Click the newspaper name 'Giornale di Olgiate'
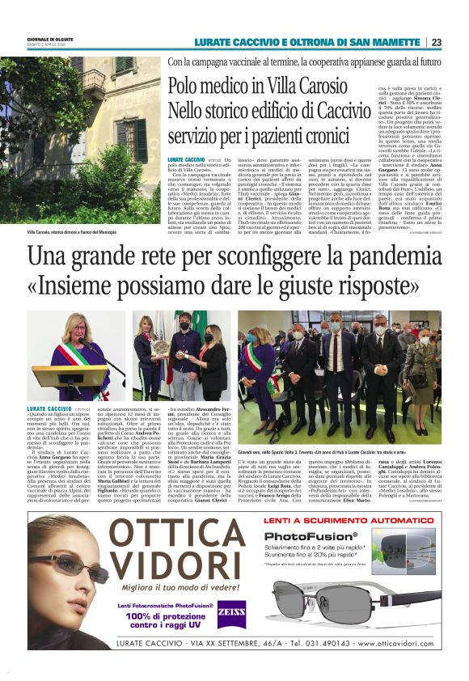[51, 39]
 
